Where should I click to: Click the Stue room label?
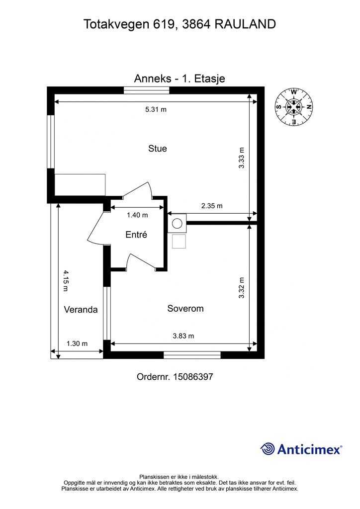158,149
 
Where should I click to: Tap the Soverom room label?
185,308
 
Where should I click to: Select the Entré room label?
136,235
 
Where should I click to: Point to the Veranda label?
81,309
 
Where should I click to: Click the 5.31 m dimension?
156,109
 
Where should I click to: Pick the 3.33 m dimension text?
241,158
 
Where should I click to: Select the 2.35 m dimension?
212,206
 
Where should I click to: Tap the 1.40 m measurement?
137,215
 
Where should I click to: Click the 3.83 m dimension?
183,336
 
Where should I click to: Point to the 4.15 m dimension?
66,281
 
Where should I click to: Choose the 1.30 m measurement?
77,343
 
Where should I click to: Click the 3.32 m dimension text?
241,288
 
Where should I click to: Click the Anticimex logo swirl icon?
268,449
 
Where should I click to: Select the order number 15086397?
193,377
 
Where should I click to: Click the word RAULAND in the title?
245,24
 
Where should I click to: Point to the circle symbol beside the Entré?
177,223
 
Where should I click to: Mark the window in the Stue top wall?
147,90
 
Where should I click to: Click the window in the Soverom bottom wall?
192,355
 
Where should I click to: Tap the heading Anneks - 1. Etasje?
180,79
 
